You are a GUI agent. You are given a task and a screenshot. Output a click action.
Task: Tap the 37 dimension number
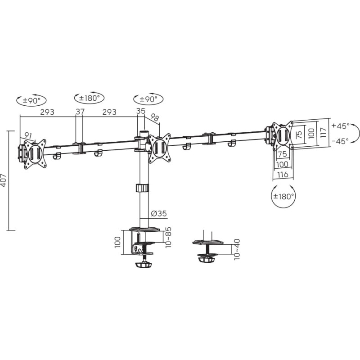pos(80,112)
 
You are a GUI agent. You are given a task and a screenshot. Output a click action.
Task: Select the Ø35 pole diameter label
pos(159,213)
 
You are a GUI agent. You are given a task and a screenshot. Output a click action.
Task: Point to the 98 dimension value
pos(155,117)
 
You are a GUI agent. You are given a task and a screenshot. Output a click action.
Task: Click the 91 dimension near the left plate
pos(28,136)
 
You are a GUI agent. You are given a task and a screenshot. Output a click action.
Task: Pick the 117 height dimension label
pos(323,132)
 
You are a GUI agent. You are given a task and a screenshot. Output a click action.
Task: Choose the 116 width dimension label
pos(283,175)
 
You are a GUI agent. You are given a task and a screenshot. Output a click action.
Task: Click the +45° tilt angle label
pos(340,126)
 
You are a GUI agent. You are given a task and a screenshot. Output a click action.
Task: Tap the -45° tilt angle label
pos(340,141)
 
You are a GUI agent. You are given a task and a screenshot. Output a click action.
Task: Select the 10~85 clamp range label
pos(169,237)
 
